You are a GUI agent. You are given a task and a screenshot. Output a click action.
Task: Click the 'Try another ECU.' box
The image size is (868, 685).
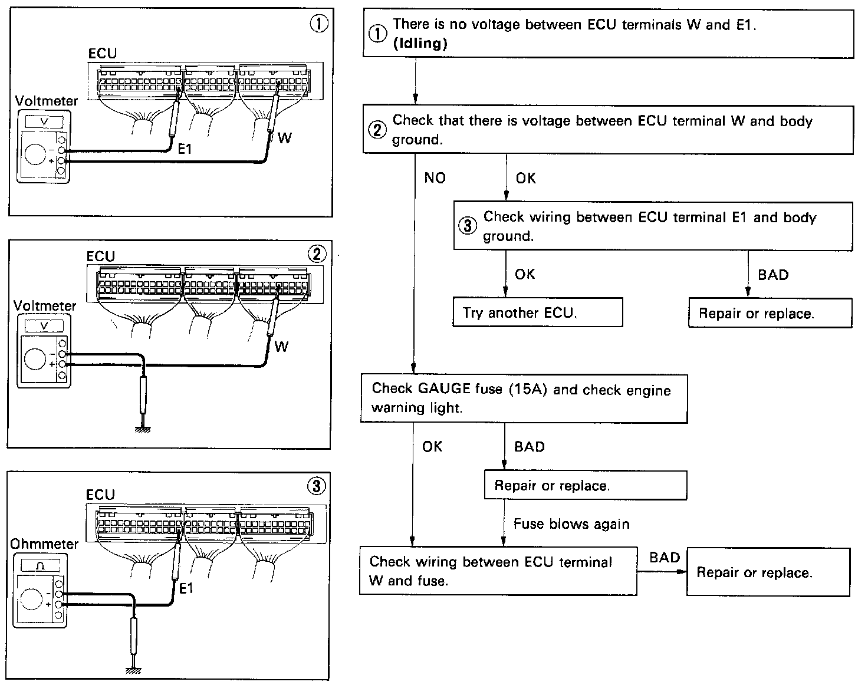tap(537, 312)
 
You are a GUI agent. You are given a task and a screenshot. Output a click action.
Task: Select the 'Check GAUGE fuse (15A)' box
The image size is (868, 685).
tap(524, 399)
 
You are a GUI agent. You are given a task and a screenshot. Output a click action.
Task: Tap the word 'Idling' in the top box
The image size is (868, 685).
tap(420, 44)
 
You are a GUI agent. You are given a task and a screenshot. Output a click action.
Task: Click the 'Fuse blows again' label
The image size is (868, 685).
tap(571, 524)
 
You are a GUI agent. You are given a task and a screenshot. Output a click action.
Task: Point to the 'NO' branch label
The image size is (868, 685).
tap(435, 178)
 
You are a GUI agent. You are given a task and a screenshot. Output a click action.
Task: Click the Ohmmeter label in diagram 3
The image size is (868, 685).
tap(44, 544)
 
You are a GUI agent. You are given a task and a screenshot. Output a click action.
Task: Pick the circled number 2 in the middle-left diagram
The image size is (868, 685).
tap(317, 254)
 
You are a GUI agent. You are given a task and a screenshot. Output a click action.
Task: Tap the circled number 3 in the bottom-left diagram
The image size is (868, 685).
tap(316, 486)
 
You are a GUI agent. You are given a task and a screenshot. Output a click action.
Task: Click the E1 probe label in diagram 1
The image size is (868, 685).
tap(185, 150)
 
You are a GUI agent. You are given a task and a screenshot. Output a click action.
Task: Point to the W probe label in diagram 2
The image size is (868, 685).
tap(281, 347)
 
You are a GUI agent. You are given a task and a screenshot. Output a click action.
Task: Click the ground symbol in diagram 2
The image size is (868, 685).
tap(143, 429)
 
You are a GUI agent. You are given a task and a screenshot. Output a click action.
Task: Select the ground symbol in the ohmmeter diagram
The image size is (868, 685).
tap(134, 669)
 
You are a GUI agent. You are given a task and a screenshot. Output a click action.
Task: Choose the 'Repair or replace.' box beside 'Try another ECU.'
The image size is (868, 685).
tap(770, 313)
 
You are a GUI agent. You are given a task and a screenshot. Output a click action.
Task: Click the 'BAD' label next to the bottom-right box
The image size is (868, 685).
tap(665, 558)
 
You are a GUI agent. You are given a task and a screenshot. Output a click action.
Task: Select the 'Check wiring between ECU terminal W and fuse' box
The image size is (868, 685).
tap(498, 571)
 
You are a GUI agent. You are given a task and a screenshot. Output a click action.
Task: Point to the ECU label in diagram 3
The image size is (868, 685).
tap(100, 494)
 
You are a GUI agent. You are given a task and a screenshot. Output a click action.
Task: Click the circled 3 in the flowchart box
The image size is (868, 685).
tap(467, 226)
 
